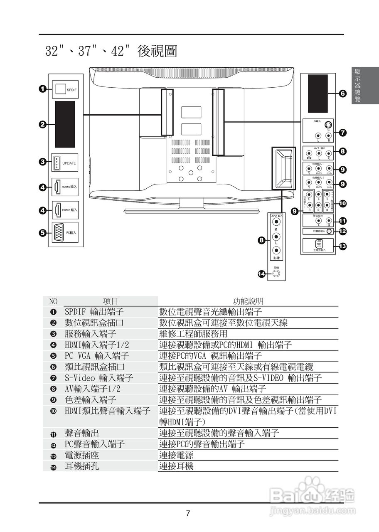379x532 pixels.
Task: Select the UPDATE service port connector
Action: point(57,163)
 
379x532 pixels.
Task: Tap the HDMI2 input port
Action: point(57,187)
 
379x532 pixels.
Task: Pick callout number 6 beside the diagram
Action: point(342,94)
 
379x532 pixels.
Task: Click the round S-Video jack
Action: point(328,125)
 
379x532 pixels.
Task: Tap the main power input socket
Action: point(319,244)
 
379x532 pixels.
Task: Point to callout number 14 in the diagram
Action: point(261,274)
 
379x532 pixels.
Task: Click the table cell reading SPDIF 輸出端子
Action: point(94,312)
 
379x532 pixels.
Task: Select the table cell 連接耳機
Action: point(177,466)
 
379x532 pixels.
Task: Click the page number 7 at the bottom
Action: point(188,514)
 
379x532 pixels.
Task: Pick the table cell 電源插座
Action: point(81,456)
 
